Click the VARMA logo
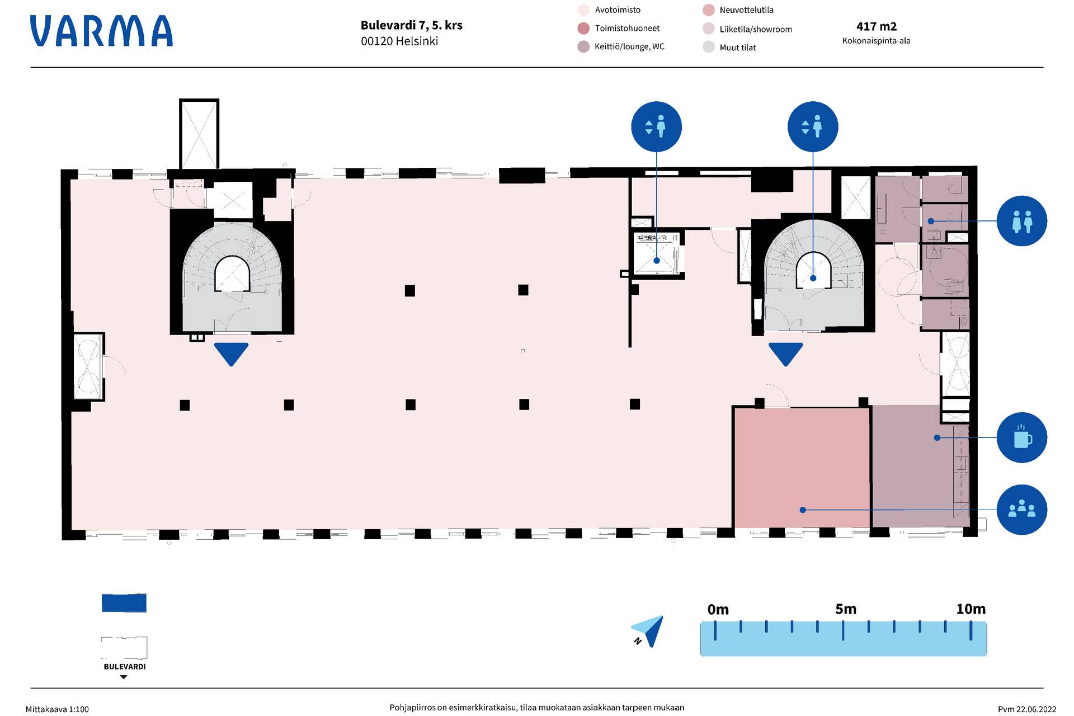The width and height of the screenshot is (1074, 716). coord(101,31)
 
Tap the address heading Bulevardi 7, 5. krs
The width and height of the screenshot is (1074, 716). coord(411,25)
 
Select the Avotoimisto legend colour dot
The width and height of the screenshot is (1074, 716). coord(583,10)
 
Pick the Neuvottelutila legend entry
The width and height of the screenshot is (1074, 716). coord(746,10)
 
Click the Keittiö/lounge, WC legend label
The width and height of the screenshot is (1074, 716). coord(629,46)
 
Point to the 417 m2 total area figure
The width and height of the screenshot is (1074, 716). coord(876,26)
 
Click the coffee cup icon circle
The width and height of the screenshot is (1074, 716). coord(1021,437)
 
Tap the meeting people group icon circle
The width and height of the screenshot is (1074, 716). coord(1021,510)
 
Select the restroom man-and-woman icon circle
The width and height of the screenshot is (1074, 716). coord(1021,221)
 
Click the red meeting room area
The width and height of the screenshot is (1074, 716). coord(802,467)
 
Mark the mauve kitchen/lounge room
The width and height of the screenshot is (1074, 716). coord(912,467)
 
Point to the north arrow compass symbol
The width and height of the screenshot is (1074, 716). coord(649,631)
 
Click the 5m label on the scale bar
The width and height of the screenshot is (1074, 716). coord(845,609)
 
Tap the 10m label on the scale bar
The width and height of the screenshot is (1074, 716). coord(971,609)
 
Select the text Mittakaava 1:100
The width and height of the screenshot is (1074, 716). coord(57,709)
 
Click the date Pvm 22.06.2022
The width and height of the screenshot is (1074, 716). coord(1026,709)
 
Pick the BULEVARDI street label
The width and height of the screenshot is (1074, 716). coord(124,667)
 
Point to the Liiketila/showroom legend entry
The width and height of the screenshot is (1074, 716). coord(755,29)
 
